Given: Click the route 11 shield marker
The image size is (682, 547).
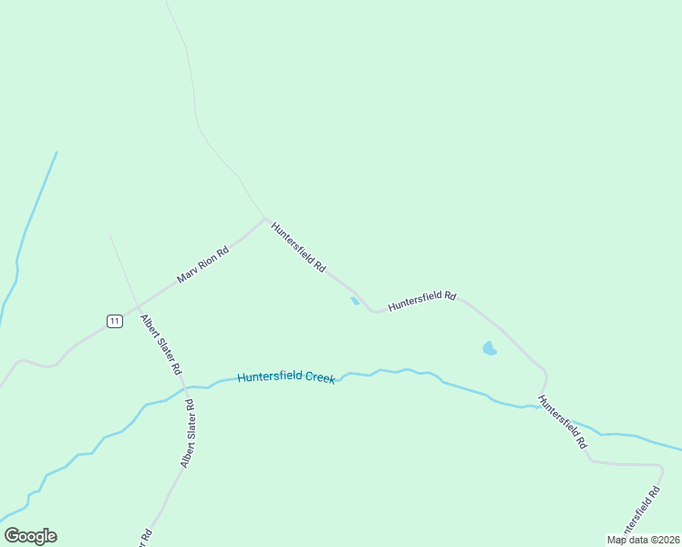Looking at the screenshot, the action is [x=114, y=321].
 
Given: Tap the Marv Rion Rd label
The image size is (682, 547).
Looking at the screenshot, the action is [x=202, y=263].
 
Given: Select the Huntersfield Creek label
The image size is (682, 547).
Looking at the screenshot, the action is [x=285, y=377].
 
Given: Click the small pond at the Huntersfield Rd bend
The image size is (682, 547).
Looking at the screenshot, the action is [x=355, y=301].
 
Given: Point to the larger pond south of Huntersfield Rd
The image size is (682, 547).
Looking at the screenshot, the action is [x=490, y=348].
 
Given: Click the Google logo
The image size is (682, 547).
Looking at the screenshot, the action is [x=30, y=536].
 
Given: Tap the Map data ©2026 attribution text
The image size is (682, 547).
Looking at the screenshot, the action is [x=643, y=540].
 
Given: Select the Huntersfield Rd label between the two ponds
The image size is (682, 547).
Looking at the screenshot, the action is [x=421, y=301].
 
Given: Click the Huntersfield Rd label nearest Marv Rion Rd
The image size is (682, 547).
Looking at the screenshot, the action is [x=298, y=246].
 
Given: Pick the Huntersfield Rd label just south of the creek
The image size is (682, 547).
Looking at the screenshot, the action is [x=562, y=422].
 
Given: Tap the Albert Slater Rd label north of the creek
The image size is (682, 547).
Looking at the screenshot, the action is [x=161, y=346].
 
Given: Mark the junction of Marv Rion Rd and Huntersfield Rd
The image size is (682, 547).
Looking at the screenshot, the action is [x=264, y=219].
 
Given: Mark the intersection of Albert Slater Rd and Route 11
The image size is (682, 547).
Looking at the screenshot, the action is [x=137, y=305].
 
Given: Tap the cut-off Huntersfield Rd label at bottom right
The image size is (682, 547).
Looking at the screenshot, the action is [x=641, y=513].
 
